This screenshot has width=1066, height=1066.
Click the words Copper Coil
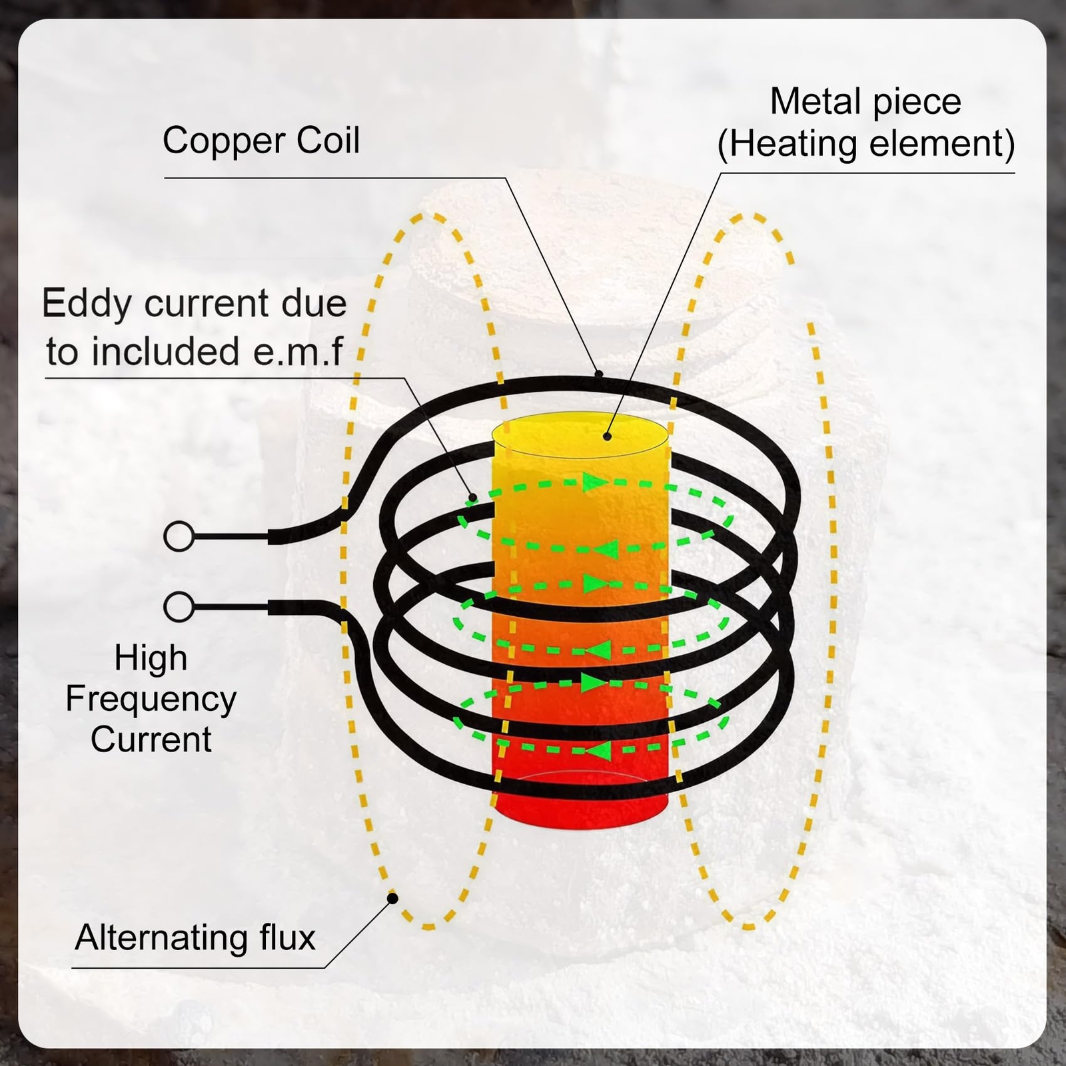261,141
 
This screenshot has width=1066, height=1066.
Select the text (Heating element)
866,144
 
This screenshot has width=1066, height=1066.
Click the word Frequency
151,700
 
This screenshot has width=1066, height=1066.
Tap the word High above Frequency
151,658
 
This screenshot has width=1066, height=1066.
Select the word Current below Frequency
151,740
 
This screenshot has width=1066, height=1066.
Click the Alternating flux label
195,937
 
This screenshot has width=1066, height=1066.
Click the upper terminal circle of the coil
179,536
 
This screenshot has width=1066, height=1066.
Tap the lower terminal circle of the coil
179,607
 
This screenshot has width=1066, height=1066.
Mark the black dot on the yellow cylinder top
607,436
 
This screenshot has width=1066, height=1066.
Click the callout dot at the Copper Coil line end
598,374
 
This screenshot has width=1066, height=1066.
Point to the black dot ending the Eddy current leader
472,497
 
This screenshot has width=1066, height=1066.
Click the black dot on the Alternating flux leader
393,899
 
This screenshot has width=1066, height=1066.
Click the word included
165,351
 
